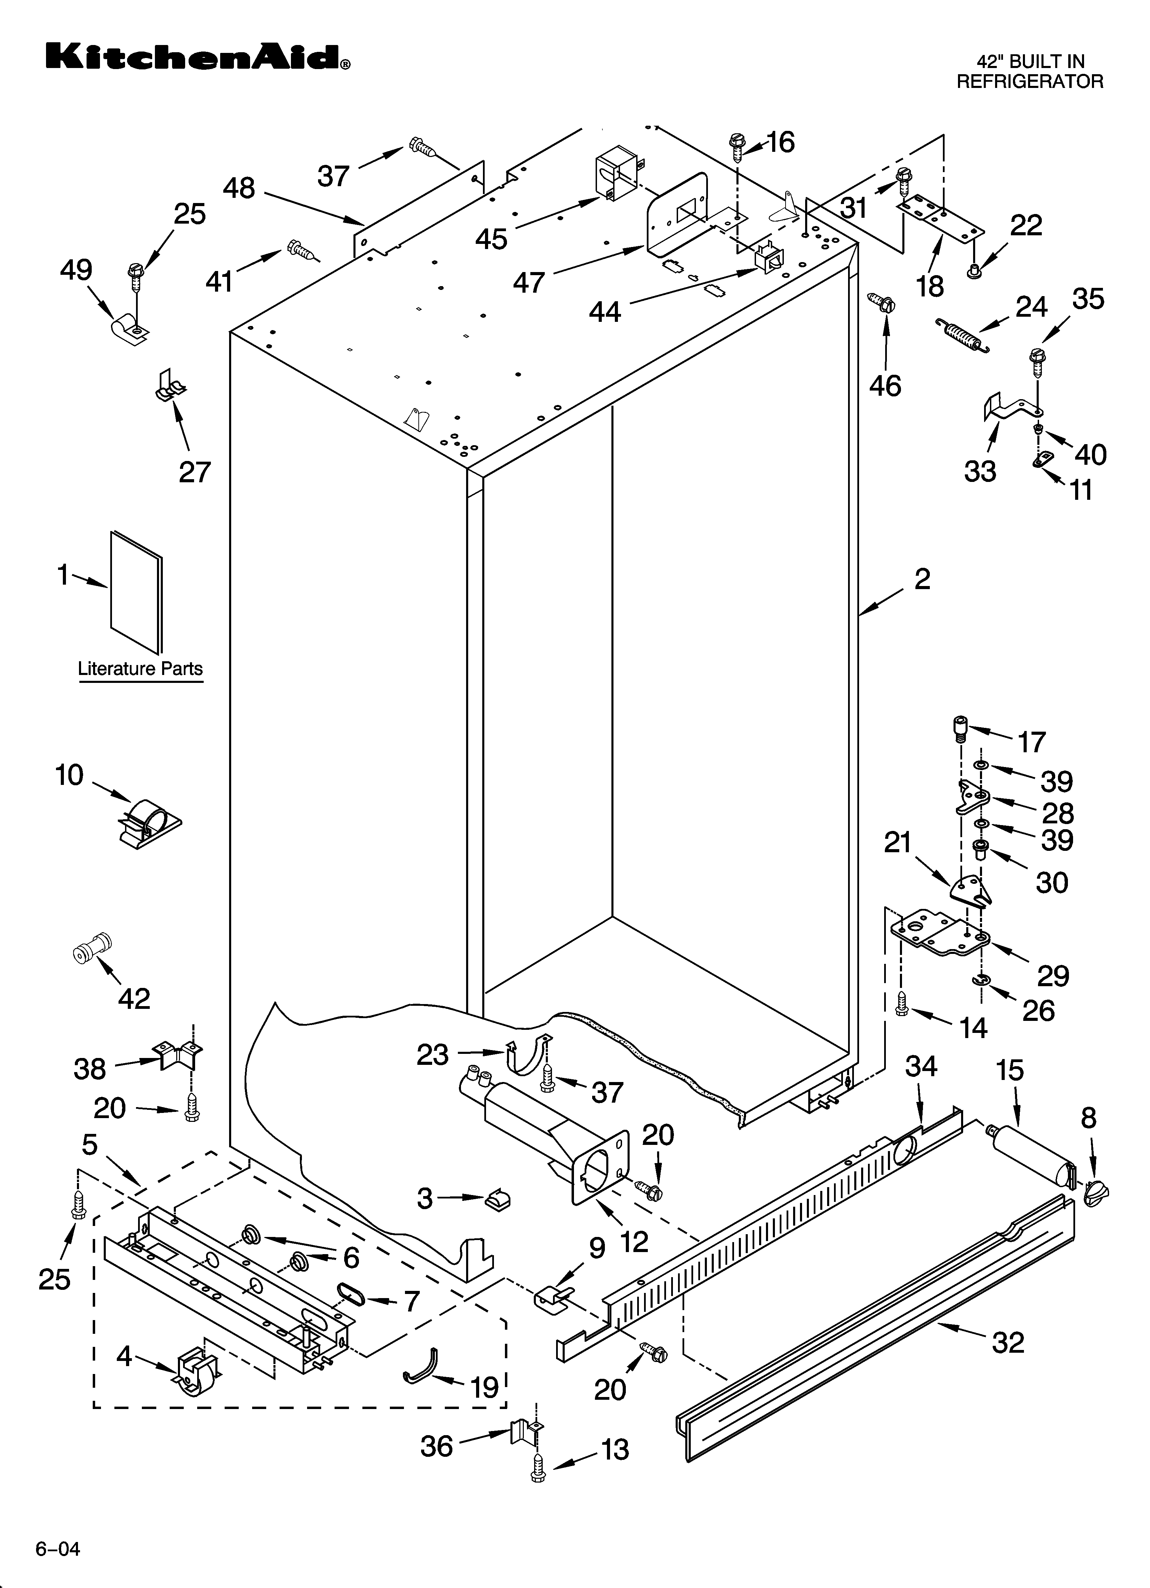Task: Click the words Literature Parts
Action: (140, 669)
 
